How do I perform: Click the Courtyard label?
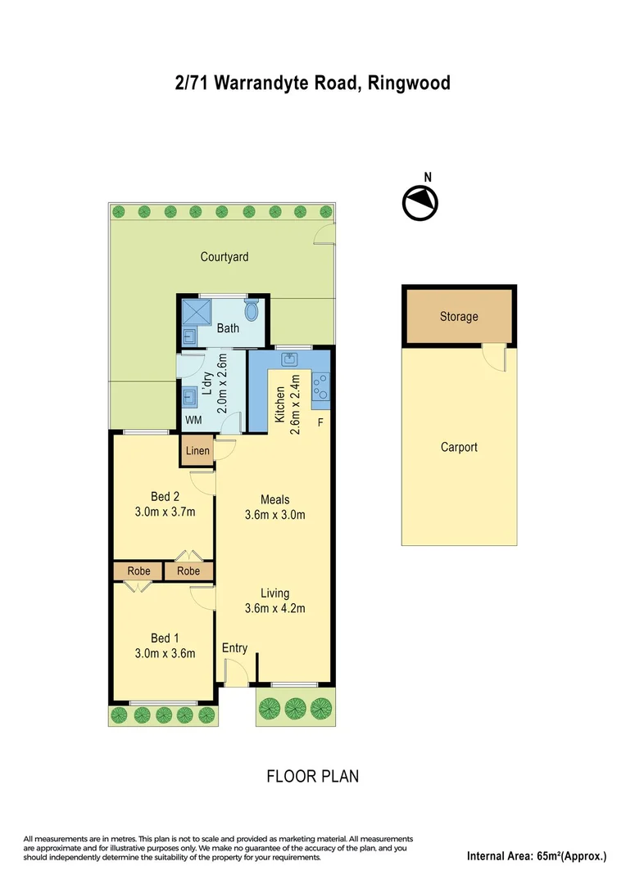tap(225, 257)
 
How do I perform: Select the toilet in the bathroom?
tap(252, 310)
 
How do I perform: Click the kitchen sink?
tap(290, 359)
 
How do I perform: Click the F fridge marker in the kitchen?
tap(320, 422)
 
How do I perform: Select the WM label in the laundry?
tap(193, 420)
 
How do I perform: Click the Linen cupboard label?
tap(197, 451)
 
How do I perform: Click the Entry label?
tap(234, 648)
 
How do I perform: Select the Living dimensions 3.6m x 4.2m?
tap(275, 608)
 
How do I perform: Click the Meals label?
tap(275, 499)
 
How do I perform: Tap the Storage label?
tap(458, 317)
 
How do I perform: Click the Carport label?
tap(458, 447)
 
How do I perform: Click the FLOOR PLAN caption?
tap(313, 776)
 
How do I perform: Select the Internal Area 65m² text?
tap(537, 857)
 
